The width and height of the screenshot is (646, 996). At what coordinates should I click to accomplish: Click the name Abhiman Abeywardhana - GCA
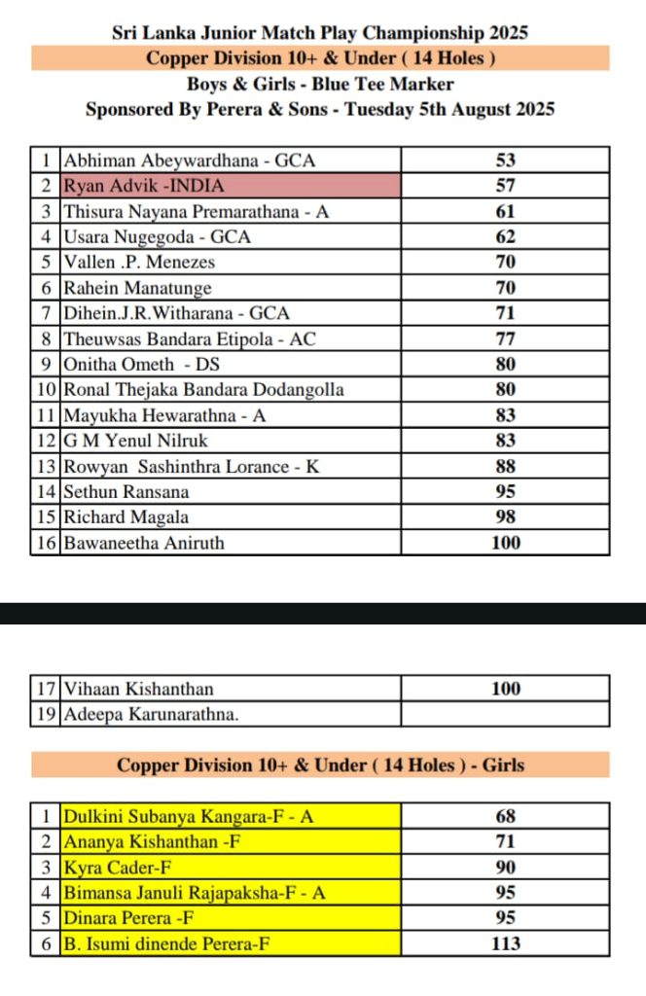[x=190, y=160]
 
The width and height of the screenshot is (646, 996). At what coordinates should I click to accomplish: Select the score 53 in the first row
[x=505, y=160]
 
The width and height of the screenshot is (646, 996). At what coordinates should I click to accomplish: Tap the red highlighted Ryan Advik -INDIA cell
[x=230, y=186]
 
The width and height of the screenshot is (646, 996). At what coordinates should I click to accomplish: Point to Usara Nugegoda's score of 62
[x=505, y=236]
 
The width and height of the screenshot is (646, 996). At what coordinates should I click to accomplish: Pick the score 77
[x=505, y=339]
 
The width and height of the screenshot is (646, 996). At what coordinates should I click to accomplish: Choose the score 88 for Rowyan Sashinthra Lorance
[x=505, y=467]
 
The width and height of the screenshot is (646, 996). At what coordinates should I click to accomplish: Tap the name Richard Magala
[x=126, y=517]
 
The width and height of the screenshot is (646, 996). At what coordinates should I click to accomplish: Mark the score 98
[x=505, y=517]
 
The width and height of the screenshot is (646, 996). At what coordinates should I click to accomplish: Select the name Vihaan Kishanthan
[x=138, y=689]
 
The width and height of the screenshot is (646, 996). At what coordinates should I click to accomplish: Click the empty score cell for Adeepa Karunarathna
[x=505, y=714]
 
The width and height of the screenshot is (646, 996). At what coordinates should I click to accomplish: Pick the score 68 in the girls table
[x=505, y=816]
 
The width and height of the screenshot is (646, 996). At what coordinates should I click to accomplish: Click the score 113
[x=505, y=943]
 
